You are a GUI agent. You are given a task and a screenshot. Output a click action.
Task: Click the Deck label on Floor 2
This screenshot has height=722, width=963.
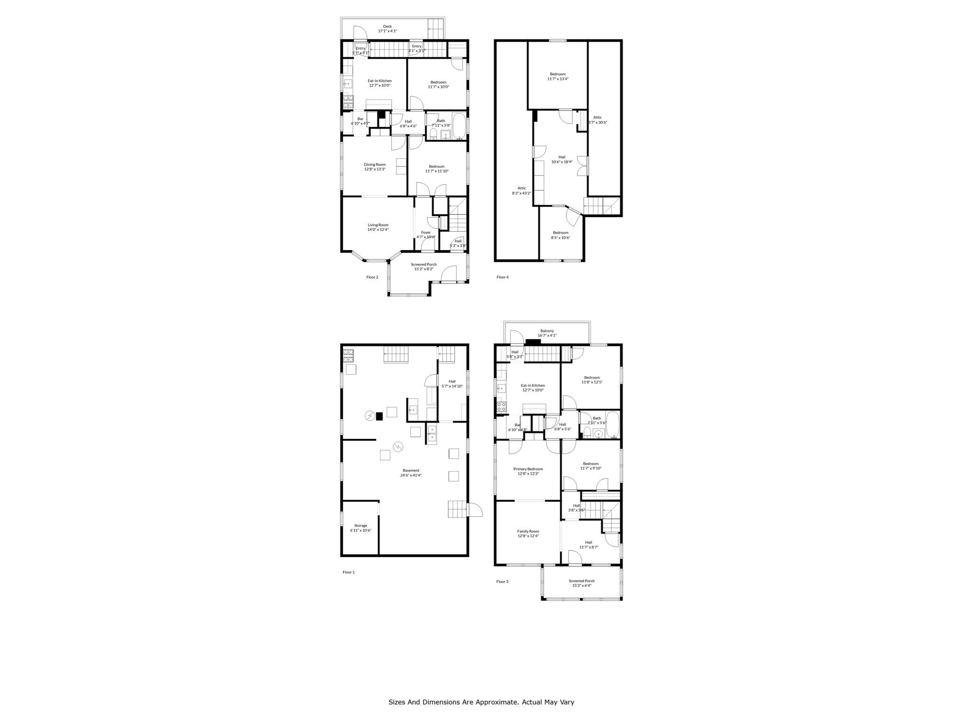(387, 26)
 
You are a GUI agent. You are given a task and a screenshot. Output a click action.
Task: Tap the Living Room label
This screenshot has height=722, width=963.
(378, 225)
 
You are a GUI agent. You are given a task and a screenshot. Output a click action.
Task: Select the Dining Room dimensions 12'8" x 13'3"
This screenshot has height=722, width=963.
(374, 169)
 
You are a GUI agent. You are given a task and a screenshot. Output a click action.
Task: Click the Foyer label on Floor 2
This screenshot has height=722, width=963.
(426, 232)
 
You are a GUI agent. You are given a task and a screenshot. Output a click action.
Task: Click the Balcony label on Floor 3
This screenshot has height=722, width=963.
(547, 331)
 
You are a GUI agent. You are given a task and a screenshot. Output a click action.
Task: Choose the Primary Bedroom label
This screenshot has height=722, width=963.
(528, 469)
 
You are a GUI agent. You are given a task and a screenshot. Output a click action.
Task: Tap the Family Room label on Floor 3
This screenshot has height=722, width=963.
(528, 532)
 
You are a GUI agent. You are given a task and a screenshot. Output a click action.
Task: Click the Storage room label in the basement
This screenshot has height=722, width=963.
(361, 526)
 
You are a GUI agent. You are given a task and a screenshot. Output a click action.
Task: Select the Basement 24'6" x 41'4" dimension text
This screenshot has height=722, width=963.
(410, 475)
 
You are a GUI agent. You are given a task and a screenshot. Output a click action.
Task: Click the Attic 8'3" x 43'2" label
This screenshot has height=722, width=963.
(521, 191)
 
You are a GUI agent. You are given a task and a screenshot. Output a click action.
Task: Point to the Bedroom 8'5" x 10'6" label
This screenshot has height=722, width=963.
(560, 235)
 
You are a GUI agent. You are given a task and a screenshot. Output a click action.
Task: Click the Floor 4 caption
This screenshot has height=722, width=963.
(502, 277)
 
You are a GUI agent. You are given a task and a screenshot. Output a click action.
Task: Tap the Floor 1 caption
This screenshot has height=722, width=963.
(348, 573)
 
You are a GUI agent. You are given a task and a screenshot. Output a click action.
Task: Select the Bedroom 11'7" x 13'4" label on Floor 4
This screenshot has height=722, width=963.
(558, 76)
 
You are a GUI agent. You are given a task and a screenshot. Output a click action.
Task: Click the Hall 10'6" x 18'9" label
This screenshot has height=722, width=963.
(561, 159)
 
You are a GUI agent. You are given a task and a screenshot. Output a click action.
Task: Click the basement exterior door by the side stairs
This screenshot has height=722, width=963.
(475, 510)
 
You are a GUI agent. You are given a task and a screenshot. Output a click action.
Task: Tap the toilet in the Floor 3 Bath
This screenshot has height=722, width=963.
(587, 432)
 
